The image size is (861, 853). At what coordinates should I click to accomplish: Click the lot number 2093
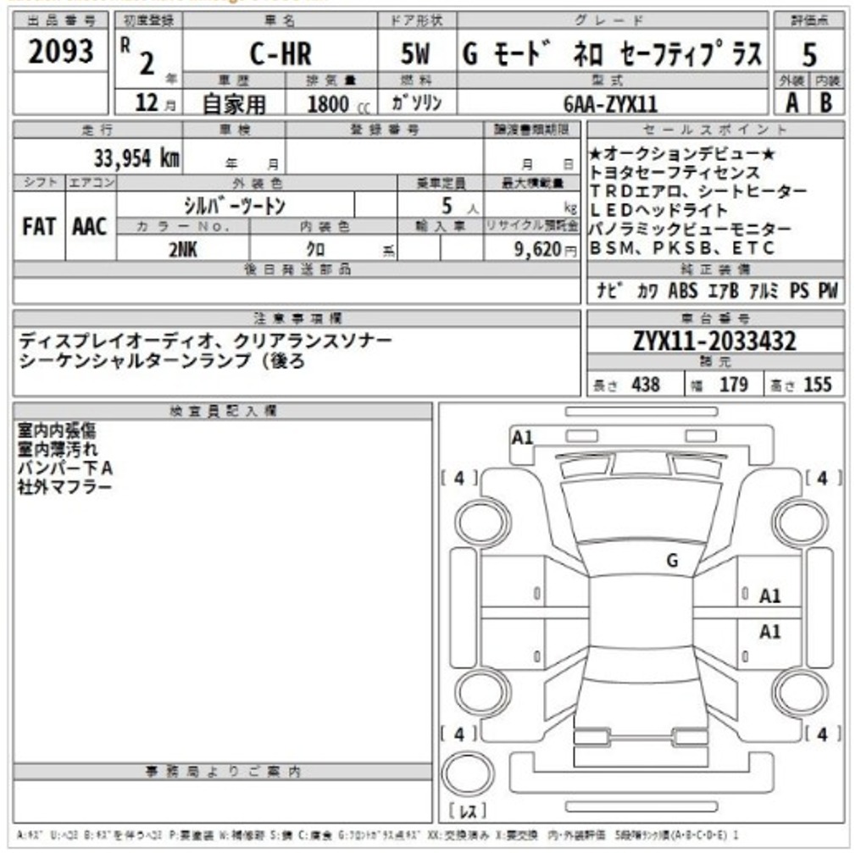click(60, 53)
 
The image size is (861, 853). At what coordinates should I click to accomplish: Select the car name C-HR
click(281, 55)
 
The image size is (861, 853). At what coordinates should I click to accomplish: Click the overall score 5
click(809, 55)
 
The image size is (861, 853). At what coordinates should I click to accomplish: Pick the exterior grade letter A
click(791, 102)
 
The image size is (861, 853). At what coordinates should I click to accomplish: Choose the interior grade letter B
click(826, 102)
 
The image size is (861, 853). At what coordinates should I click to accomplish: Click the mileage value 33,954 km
click(136, 158)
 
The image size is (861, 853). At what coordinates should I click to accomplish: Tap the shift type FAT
click(39, 227)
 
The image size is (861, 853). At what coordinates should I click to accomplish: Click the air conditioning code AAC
click(90, 227)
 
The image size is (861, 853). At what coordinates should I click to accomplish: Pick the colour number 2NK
click(182, 249)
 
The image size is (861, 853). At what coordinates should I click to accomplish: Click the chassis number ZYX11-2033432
click(714, 341)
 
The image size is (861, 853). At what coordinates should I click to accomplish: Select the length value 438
click(645, 385)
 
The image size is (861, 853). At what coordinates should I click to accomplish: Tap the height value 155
click(817, 385)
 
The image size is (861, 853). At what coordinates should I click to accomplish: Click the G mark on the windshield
click(673, 560)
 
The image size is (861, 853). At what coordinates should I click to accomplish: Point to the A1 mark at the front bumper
click(523, 437)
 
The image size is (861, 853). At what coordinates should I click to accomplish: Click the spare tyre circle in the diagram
click(469, 775)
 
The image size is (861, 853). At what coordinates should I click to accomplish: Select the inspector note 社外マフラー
click(64, 487)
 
